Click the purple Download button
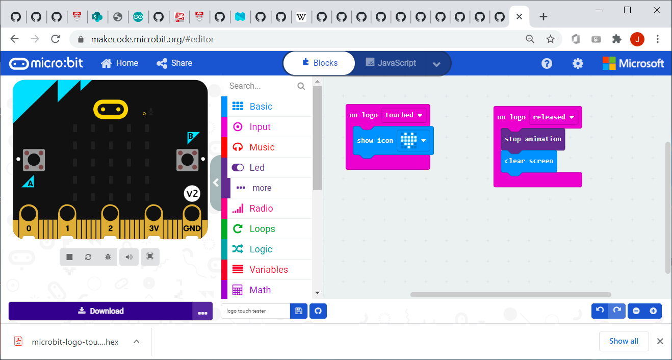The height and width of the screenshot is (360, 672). [x=100, y=311]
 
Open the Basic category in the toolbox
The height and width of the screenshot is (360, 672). [x=261, y=107]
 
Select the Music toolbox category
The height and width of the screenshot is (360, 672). [x=262, y=147]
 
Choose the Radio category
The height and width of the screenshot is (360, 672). [x=261, y=209]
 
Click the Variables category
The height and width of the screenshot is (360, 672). [x=268, y=270]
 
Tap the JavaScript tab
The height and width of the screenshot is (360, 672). [x=391, y=63]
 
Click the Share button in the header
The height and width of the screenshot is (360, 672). [x=174, y=63]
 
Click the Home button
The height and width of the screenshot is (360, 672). [x=120, y=63]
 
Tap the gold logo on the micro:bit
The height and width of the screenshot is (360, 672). [x=111, y=109]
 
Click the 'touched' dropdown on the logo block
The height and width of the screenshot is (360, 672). [x=404, y=115]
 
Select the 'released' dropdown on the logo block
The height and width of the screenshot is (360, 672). [x=553, y=117]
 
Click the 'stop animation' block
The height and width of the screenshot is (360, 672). [x=533, y=139]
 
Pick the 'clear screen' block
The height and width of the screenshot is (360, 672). [x=529, y=161]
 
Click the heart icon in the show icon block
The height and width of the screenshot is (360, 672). [x=408, y=140]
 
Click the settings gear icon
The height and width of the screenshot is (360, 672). [x=578, y=63]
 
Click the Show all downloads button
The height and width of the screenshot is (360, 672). [x=624, y=341]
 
